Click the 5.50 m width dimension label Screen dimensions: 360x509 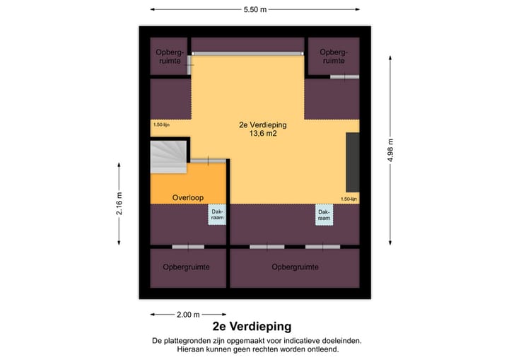coord(255,11)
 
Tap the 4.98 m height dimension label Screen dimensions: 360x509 coord(390,150)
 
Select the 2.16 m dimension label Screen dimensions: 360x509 coord(119,205)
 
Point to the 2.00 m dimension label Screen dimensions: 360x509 coord(188,315)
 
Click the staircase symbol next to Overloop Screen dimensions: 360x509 coord(168,156)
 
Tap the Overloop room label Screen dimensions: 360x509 coord(189,197)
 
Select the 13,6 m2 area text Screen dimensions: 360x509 coord(257,133)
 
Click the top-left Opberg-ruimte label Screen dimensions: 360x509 coord(170,57)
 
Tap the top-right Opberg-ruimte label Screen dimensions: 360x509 coord(332,57)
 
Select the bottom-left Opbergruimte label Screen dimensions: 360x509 coord(187,267)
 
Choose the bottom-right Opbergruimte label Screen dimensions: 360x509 coord(296,267)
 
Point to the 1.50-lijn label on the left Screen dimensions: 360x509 coord(161,125)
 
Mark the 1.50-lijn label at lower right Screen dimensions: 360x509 coord(349,199)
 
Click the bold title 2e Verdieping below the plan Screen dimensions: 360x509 coord(251,327)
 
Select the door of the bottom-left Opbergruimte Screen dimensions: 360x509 coord(188,247)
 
